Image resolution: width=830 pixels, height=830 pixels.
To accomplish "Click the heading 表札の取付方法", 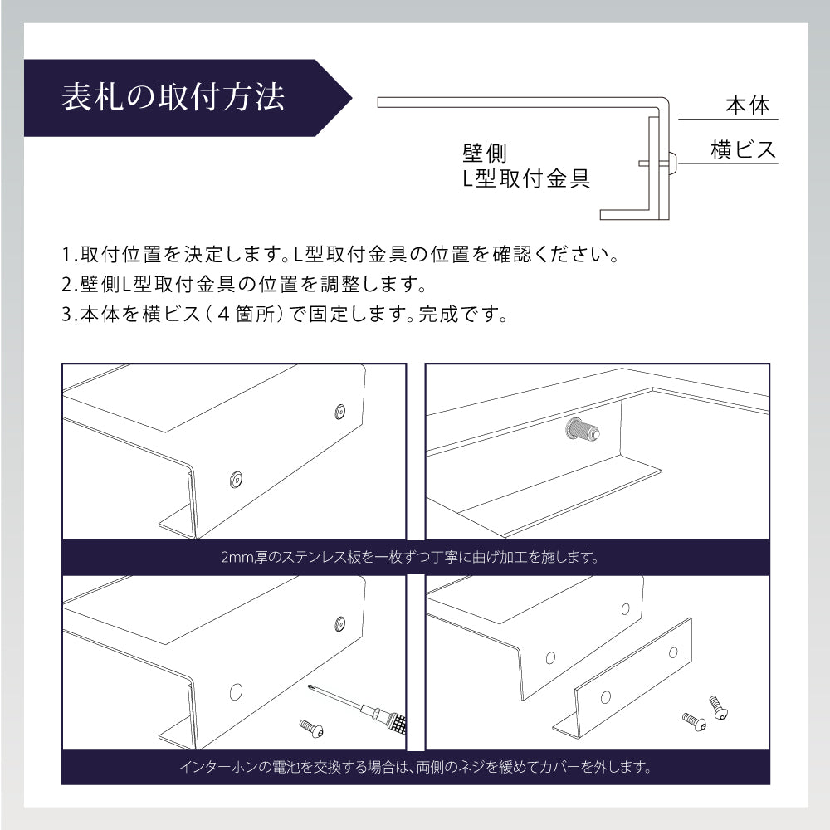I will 173,97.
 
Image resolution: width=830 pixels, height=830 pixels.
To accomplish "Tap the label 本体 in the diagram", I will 748,106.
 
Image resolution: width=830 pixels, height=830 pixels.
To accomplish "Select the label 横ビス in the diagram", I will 743,150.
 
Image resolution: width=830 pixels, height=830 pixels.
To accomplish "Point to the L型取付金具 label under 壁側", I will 526,178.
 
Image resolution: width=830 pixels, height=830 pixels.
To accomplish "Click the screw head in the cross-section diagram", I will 671,163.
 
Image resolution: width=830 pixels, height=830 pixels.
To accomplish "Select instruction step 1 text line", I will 340,252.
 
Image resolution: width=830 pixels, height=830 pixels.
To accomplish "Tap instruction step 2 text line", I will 244,284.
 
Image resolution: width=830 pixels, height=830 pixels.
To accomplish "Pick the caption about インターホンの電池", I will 415,767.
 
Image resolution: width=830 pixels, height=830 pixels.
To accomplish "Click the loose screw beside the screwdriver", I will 312,728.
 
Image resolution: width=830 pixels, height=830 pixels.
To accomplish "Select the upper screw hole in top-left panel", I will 339,410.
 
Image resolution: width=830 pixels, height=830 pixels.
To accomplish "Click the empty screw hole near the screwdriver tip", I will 235,691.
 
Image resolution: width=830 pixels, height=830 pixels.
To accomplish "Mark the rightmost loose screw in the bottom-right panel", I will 718,707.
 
